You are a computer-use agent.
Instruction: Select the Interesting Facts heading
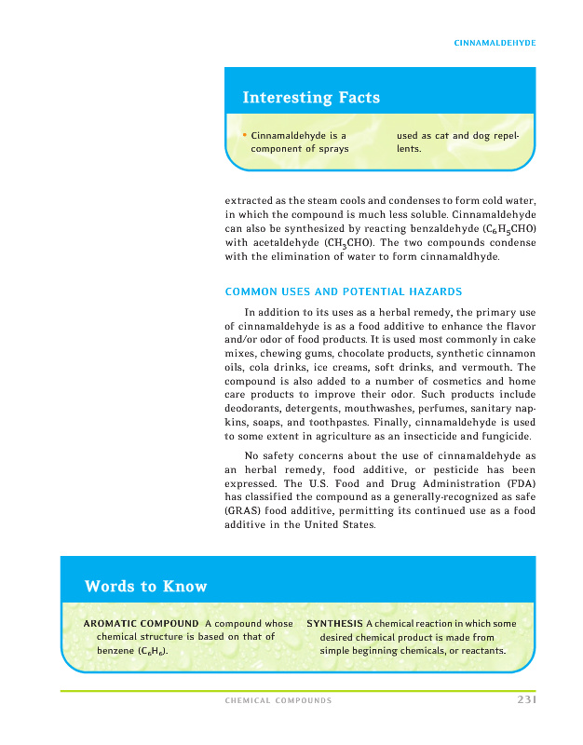click(311, 98)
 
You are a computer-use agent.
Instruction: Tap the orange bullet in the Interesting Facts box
click(244, 135)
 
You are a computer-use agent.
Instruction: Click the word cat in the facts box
click(442, 135)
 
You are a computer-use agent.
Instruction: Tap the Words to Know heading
click(145, 587)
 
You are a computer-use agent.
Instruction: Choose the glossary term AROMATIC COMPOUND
click(141, 623)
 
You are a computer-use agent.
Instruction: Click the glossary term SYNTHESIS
click(334, 623)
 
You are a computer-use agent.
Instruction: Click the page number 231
click(526, 700)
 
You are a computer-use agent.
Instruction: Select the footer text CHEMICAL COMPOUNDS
click(278, 700)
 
